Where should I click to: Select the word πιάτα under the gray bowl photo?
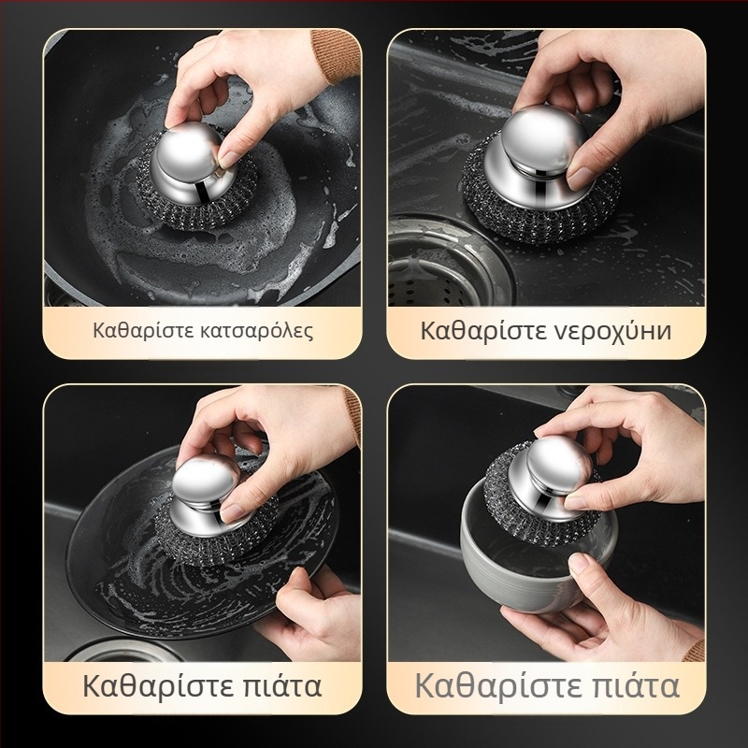click(633, 686)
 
